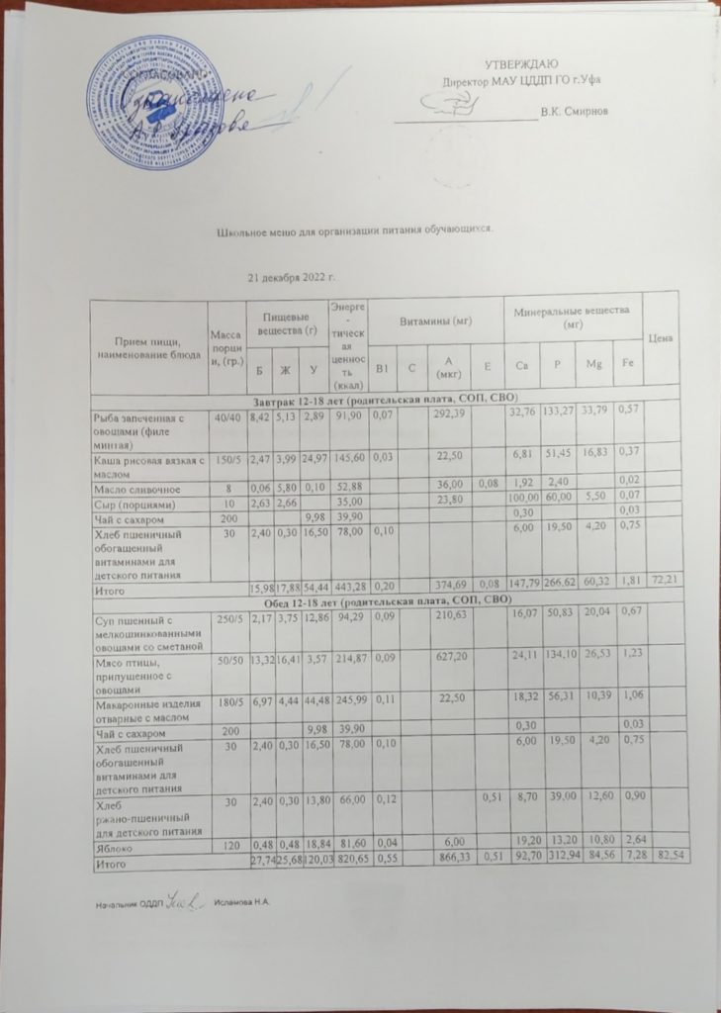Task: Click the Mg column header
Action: click(x=593, y=366)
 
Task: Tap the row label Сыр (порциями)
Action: click(x=130, y=500)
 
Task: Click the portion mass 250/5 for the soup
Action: click(x=229, y=618)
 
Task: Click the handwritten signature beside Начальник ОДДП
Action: click(x=184, y=900)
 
